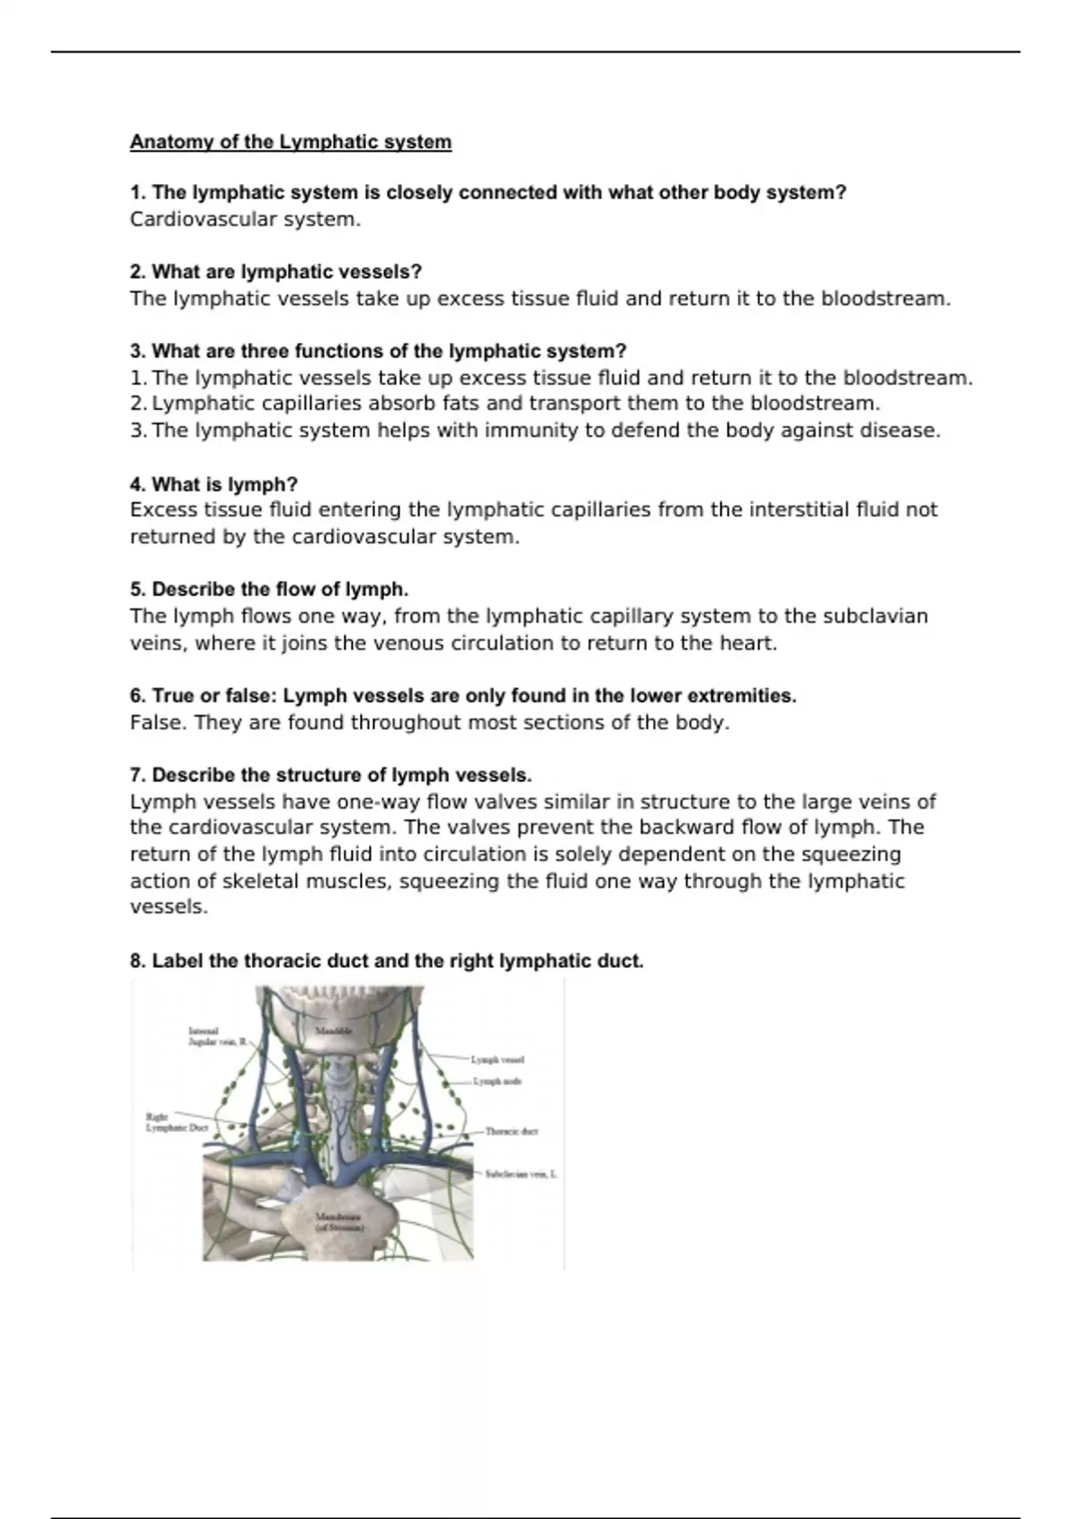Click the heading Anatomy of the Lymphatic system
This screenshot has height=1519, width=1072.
point(290,142)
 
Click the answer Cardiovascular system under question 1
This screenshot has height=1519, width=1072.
point(245,220)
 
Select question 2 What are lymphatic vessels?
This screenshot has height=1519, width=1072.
point(275,272)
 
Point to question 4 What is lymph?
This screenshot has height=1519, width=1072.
point(214,484)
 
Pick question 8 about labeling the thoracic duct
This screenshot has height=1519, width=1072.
point(386,961)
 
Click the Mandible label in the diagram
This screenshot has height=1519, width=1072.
point(334,1031)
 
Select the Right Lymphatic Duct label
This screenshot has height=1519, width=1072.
point(175,1122)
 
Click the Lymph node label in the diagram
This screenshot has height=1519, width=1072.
point(498,1081)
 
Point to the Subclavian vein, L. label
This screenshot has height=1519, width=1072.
point(521,1174)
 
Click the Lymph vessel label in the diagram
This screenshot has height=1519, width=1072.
point(498,1060)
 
